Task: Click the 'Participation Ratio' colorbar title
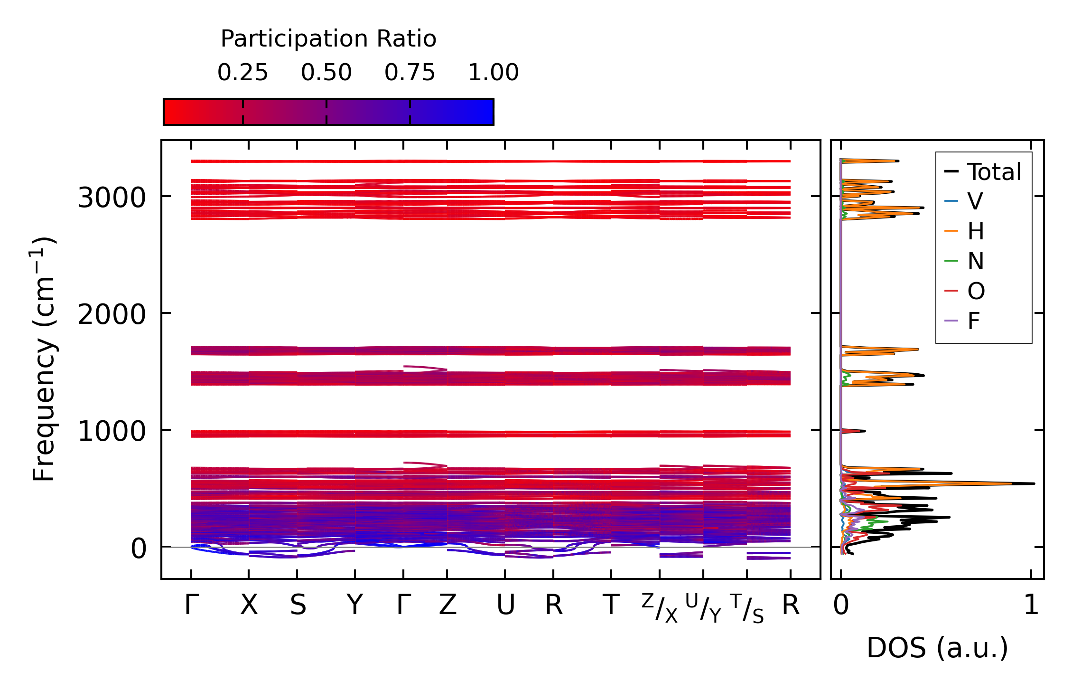[328, 39]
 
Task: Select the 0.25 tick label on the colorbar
[242, 73]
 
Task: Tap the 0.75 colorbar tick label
[410, 73]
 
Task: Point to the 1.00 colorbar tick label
[493, 73]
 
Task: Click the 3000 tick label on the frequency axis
[112, 198]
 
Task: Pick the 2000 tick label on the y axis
[112, 314]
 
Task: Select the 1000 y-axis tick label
[112, 431]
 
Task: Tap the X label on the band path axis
[249, 606]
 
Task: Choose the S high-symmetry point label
[298, 606]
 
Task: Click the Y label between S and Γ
[354, 606]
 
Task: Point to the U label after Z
[505, 606]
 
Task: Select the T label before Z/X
[611, 606]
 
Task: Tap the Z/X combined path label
[660, 608]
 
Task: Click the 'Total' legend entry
[994, 172]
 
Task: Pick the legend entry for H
[975, 232]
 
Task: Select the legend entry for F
[974, 322]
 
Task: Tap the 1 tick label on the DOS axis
[1031, 606]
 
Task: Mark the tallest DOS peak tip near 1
[1033, 483]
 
